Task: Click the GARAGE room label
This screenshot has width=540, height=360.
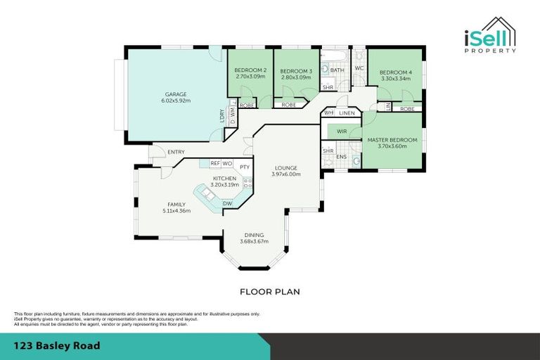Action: (x=176, y=94)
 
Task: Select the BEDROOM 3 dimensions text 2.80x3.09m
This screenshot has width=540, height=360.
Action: (x=296, y=77)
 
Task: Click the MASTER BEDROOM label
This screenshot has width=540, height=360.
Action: (x=392, y=140)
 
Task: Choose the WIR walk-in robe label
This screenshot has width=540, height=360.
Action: (x=342, y=131)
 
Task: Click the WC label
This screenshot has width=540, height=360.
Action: (x=358, y=68)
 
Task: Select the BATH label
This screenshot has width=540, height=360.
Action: (x=337, y=70)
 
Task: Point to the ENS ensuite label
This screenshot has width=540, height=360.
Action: (x=341, y=157)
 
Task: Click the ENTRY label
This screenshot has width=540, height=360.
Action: (x=176, y=152)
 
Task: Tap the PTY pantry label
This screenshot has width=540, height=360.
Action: (x=244, y=167)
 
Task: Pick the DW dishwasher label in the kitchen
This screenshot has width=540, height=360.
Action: (x=227, y=204)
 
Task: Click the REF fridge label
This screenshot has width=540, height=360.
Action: (x=215, y=163)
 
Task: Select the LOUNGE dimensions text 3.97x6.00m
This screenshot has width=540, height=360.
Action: (x=286, y=174)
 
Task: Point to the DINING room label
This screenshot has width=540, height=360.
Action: (x=254, y=236)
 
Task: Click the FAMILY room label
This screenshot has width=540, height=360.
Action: (x=176, y=205)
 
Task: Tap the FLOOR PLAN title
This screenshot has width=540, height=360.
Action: (x=270, y=291)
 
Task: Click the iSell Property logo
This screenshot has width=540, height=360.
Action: (x=490, y=35)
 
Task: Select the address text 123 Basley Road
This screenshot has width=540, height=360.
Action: (x=57, y=346)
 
